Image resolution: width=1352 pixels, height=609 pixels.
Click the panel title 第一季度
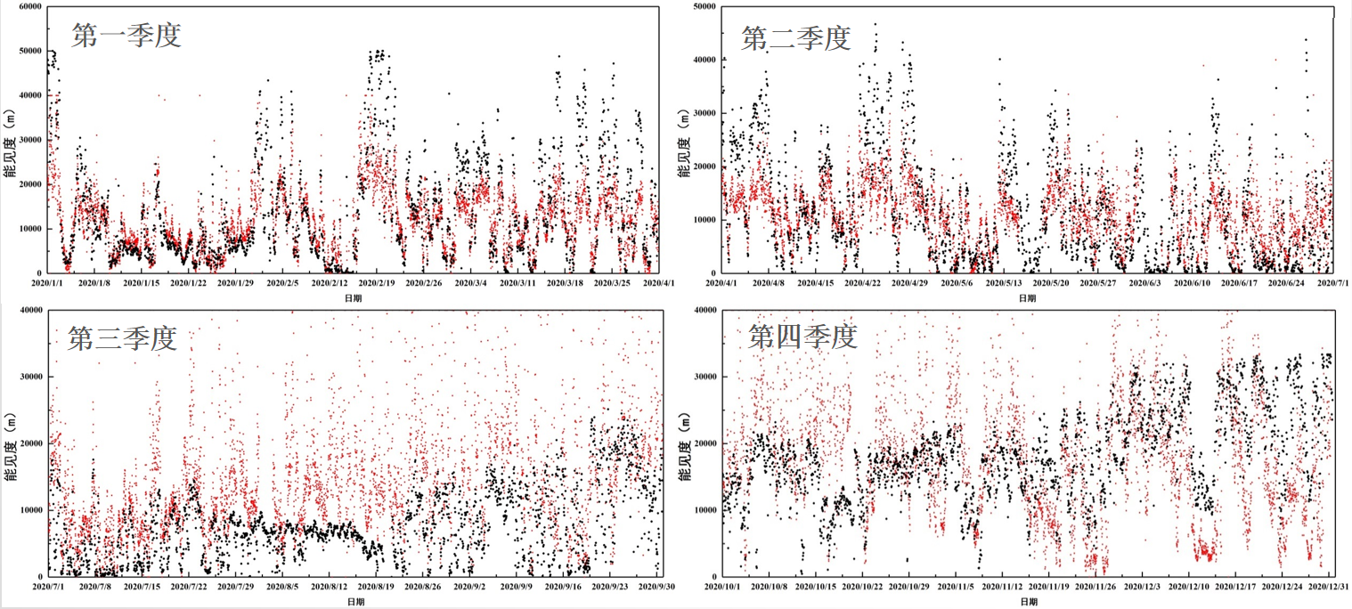126,35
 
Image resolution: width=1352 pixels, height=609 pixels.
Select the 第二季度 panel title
795,37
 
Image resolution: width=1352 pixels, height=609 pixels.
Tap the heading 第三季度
123,338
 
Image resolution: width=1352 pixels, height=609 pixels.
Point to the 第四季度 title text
802,337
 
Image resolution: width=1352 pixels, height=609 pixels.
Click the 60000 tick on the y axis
30,6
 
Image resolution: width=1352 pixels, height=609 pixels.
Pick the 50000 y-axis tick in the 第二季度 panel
704,6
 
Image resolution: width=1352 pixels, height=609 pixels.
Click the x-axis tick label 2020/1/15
141,283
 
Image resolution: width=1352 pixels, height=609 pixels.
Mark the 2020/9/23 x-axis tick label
612,587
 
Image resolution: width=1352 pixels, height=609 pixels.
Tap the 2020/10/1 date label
724,587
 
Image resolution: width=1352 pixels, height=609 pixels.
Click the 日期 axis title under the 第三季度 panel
354,603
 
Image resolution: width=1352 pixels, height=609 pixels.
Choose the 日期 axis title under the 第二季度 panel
1027,298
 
